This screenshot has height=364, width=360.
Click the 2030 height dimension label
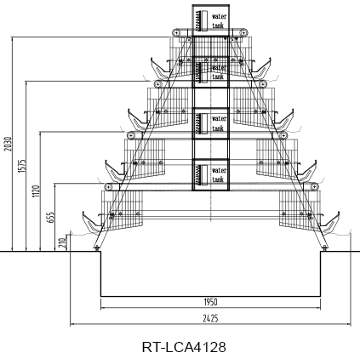tap(9, 144)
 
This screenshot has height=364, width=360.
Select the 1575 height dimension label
tap(22, 166)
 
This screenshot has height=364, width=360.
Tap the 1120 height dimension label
tap(36, 191)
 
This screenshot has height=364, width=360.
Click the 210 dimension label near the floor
tap(63, 242)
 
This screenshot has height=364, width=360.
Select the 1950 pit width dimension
tap(211, 302)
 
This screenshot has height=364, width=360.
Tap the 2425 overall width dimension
tap(211, 319)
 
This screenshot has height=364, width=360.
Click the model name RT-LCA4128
tap(184, 347)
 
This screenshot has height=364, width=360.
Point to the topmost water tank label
tap(219, 20)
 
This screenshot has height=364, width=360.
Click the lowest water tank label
tap(219, 175)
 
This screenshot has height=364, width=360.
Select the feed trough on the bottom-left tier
tap(92, 223)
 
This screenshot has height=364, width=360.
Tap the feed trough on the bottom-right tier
tap(330, 223)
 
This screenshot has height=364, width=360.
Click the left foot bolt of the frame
tap(97, 248)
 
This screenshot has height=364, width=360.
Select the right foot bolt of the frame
tap(325, 248)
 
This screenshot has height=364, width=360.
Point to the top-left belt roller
tap(176, 32)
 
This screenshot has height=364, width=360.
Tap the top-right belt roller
tap(244, 32)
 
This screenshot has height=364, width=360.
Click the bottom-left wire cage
tap(122, 210)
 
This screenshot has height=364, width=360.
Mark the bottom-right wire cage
tap(300, 210)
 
